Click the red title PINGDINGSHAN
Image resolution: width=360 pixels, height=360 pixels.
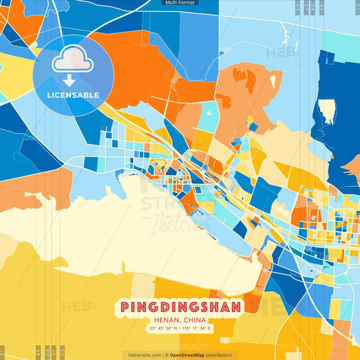coord(180,307)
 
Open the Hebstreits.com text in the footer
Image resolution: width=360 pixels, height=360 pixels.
coord(141,355)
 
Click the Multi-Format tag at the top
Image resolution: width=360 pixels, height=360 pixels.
coord(180,3)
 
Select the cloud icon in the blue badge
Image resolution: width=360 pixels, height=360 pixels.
coord(73,59)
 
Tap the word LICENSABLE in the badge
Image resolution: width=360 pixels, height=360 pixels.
coord(73,95)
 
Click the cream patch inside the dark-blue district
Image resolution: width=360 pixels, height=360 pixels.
coord(328,111)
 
